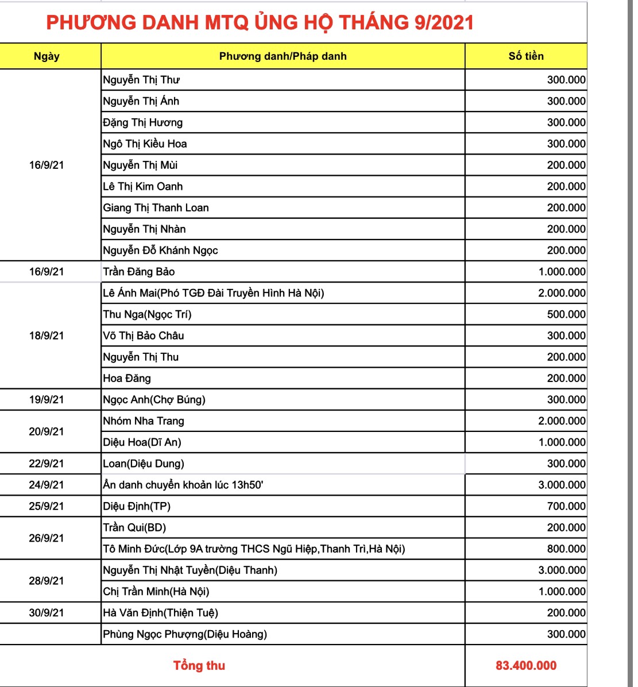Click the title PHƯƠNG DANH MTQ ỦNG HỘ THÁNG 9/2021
click(260, 22)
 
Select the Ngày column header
click(47, 56)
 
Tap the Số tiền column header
click(526, 56)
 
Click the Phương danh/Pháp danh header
click(283, 56)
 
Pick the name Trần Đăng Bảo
click(139, 272)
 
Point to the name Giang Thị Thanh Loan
click(156, 208)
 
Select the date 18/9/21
click(47, 335)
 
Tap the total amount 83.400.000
click(526, 666)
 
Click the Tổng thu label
click(199, 666)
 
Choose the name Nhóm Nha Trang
click(144, 421)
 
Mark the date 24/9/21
click(47, 485)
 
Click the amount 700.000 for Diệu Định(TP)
click(566, 506)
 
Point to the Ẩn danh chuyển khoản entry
click(183, 485)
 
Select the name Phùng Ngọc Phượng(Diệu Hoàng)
click(185, 634)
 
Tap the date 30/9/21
click(47, 613)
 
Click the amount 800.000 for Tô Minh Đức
click(566, 549)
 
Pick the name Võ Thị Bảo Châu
click(144, 335)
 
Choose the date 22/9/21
click(47, 464)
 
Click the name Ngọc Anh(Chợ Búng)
click(154, 400)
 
